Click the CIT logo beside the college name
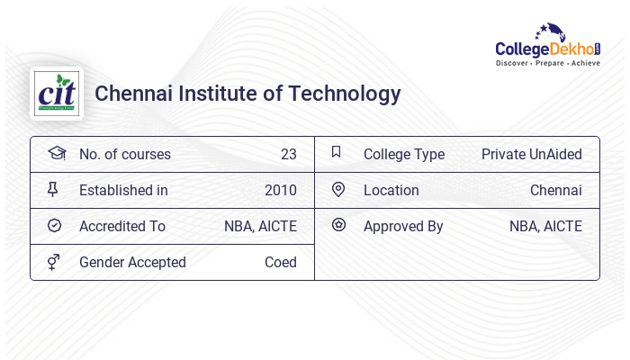pyautogui.click(x=57, y=94)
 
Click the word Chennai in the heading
pyautogui.click(x=127, y=94)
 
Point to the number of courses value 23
pyautogui.click(x=288, y=154)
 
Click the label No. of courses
pyautogui.click(x=124, y=154)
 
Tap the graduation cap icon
pyautogui.click(x=56, y=153)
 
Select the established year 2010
pyautogui.click(x=280, y=190)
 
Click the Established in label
pyautogui.click(x=123, y=190)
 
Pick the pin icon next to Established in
pyautogui.click(x=54, y=189)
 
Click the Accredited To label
pyautogui.click(x=122, y=226)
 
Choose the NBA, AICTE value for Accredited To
pyautogui.click(x=260, y=226)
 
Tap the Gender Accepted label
pyautogui.click(x=132, y=262)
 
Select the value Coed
pyautogui.click(x=280, y=262)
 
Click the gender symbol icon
pyautogui.click(x=54, y=262)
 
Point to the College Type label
pyautogui.click(x=404, y=154)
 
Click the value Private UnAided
pyautogui.click(x=531, y=154)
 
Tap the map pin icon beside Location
pyautogui.click(x=338, y=189)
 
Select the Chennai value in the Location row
pyautogui.click(x=555, y=190)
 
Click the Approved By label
pyautogui.click(x=403, y=226)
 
